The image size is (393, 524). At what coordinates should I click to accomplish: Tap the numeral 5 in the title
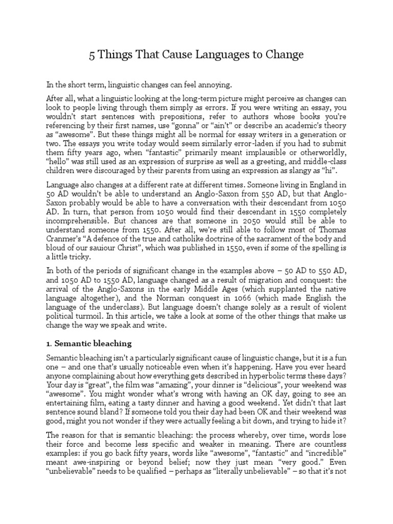(92, 55)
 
